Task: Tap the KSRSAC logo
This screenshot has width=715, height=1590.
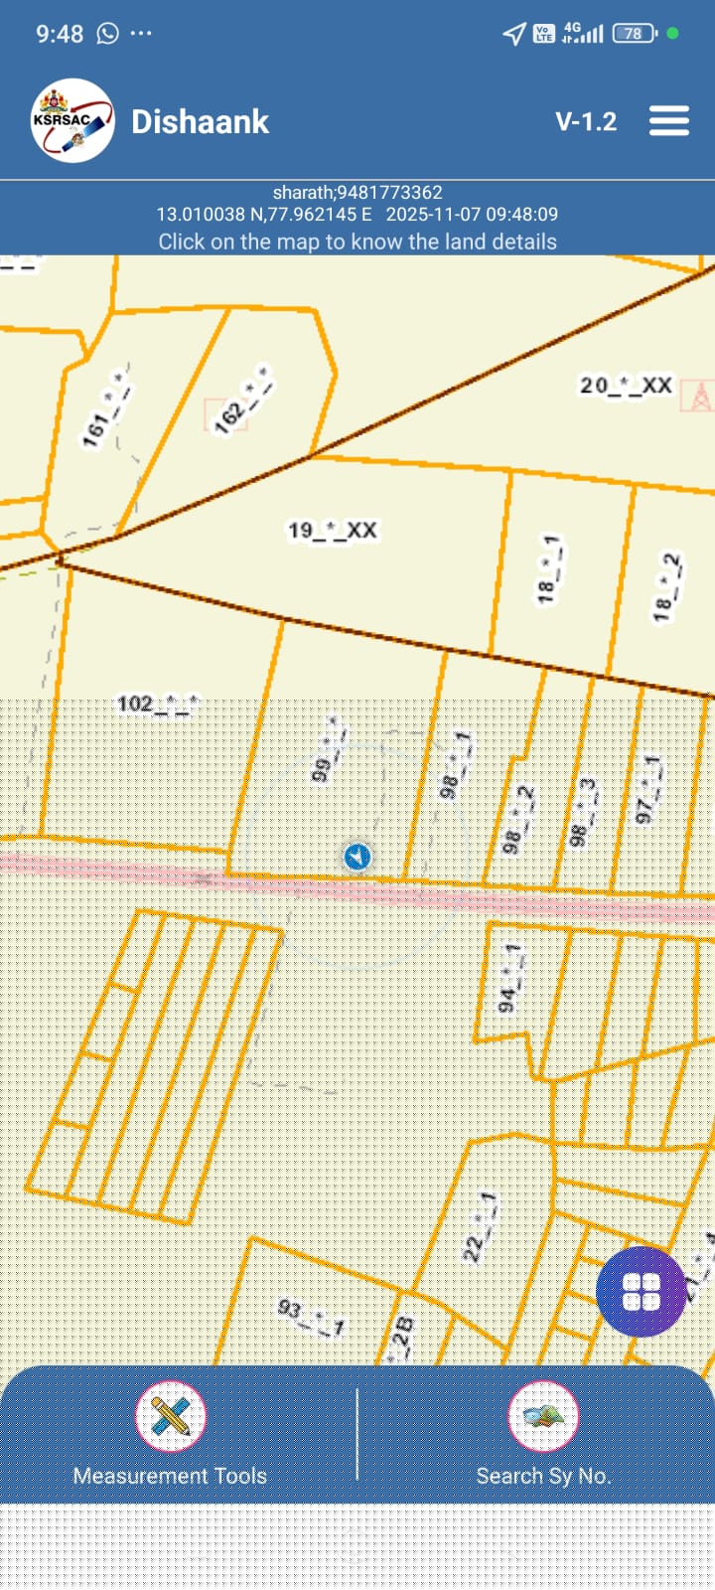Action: [71, 121]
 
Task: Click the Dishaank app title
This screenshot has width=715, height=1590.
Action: [201, 122]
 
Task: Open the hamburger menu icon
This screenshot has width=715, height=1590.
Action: [669, 121]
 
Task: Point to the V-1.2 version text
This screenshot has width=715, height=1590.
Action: [586, 122]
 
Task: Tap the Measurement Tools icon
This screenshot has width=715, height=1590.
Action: [171, 1416]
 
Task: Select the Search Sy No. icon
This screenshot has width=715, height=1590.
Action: [543, 1416]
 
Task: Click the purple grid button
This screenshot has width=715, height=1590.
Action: [641, 1292]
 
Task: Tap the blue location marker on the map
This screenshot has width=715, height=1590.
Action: [357, 856]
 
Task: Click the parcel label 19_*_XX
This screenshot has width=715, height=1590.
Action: [332, 531]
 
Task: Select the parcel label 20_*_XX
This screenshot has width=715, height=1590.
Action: [626, 386]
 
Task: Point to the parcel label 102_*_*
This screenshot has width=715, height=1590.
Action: [157, 705]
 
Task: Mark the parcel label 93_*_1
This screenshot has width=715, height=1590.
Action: [311, 1318]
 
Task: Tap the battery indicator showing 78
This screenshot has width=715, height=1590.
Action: [635, 34]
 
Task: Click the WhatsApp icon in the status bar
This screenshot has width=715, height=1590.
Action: [107, 34]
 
